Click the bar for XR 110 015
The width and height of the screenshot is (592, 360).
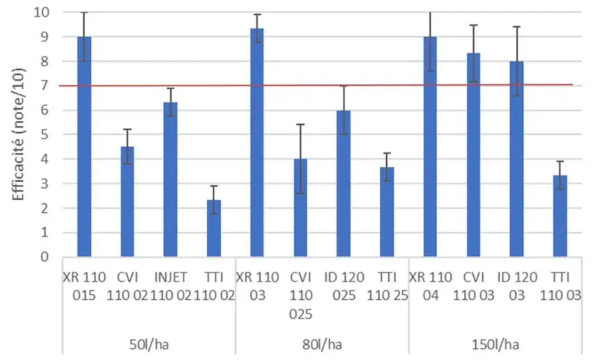84,146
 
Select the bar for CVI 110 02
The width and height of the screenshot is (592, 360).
127,201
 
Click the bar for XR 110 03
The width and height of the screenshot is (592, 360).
257,142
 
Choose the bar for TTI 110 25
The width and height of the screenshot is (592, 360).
387,212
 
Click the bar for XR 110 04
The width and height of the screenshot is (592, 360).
430,146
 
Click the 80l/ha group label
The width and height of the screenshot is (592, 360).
322,343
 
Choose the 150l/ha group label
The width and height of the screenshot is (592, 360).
495,343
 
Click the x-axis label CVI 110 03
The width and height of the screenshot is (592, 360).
474,286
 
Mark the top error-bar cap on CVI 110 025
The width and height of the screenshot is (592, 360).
300,125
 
